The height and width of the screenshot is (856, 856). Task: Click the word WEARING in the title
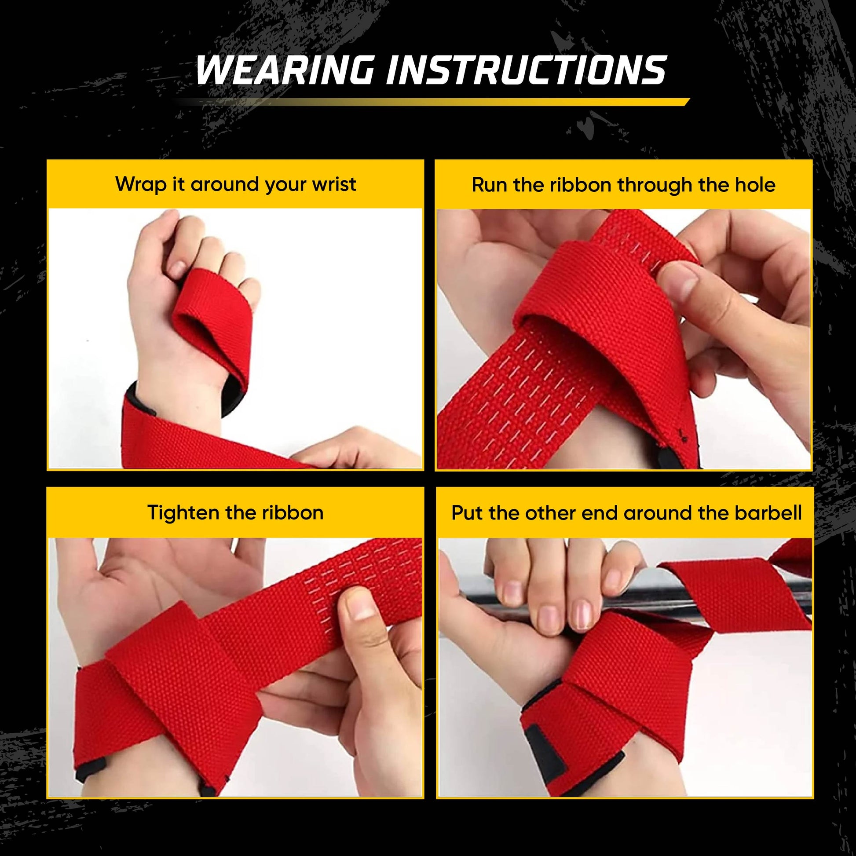click(284, 70)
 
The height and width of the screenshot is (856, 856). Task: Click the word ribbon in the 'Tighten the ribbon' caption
click(293, 512)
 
